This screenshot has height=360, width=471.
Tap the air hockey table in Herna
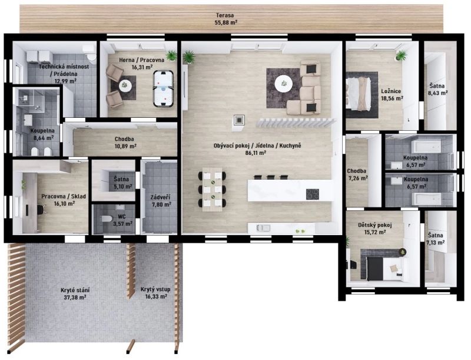[163, 88]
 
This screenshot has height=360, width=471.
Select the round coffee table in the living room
[283, 84]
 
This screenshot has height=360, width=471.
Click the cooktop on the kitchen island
[313, 194]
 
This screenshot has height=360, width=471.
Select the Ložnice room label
[391, 91]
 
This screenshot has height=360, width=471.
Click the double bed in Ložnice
[359, 94]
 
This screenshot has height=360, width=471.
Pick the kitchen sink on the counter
[263, 228]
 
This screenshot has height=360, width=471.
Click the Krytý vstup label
[155, 289]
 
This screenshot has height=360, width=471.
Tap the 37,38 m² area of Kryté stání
[75, 298]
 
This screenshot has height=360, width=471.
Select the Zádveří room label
[160, 197]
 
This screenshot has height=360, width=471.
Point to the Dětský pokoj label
[375, 225]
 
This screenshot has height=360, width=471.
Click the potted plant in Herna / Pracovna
[171, 55]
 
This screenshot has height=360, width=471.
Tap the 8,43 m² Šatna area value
[437, 93]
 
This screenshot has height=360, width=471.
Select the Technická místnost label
[64, 67]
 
